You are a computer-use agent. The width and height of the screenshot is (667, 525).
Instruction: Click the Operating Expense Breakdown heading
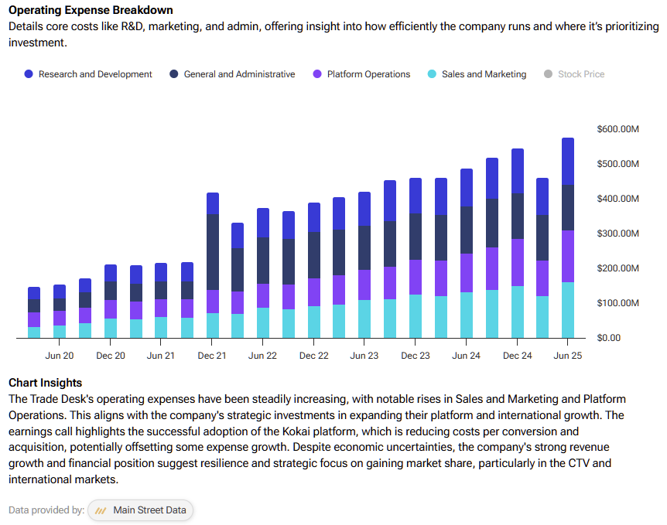pos(91,11)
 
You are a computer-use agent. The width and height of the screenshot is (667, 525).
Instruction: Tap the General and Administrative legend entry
pos(231,74)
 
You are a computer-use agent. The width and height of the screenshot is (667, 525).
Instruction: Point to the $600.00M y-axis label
pos(618,129)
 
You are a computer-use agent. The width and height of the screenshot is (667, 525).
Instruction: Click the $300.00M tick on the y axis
pos(618,234)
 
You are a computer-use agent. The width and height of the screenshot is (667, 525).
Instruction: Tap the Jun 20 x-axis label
pos(60,356)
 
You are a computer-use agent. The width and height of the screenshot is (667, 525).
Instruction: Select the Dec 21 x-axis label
pos(212,356)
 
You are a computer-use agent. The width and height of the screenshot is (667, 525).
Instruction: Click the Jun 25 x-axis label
pos(567,356)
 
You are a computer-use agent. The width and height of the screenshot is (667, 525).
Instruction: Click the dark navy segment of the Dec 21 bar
pos(212,251)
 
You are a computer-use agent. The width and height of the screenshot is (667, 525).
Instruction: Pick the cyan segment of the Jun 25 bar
pos(567,310)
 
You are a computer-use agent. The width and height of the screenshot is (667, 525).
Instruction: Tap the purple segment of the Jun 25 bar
pos(567,256)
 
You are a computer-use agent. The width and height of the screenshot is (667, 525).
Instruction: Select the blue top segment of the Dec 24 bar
pos(517,171)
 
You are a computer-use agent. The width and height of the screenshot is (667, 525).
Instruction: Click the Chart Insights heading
pos(45,383)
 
